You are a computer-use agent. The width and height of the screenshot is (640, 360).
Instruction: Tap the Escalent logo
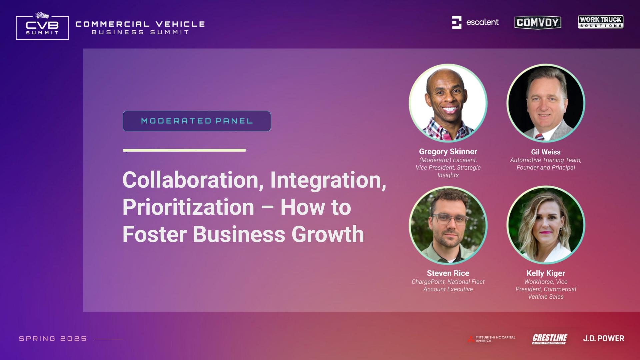click(x=475, y=22)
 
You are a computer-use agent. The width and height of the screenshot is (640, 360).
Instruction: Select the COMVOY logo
click(x=538, y=22)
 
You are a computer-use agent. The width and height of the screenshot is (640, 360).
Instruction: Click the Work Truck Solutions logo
click(x=601, y=22)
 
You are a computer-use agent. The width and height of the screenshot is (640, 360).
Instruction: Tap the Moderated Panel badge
click(x=197, y=121)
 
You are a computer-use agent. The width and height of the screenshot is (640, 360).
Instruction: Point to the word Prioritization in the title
click(x=188, y=207)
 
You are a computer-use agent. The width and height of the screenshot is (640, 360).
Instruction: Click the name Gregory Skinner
click(x=448, y=152)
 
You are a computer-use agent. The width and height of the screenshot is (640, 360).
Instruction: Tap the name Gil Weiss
click(x=546, y=152)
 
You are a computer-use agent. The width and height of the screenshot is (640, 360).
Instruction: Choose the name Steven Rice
click(x=448, y=273)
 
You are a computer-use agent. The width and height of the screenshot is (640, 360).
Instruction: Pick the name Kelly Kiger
click(x=546, y=273)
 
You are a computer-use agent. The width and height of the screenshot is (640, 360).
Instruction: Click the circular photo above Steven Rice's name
click(x=448, y=225)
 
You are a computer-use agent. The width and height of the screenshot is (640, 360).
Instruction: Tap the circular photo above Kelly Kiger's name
click(x=546, y=225)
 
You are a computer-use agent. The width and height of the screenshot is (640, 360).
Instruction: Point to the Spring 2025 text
click(x=53, y=339)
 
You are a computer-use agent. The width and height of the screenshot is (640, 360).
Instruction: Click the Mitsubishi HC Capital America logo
click(x=491, y=339)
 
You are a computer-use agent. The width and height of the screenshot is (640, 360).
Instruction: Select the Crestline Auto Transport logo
click(x=549, y=339)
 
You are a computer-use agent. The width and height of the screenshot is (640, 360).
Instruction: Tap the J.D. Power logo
click(x=604, y=339)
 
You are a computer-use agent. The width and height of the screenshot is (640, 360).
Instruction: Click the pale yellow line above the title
click(x=184, y=150)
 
